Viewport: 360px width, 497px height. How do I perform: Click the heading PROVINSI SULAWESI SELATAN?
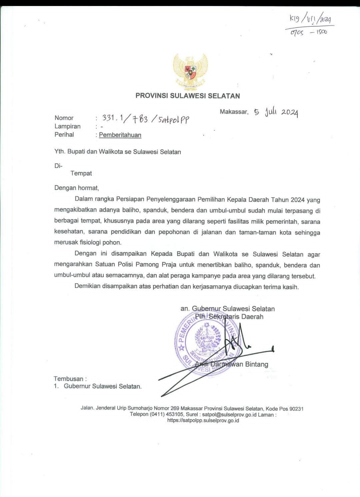(x=188, y=96)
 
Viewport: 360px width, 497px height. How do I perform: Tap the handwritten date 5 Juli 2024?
(x=276, y=112)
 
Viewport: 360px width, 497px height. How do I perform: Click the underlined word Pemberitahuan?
(x=120, y=135)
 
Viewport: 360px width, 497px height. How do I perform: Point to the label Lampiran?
(x=68, y=126)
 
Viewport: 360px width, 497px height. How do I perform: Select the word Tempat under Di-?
(x=81, y=173)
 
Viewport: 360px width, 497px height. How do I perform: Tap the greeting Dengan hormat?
(x=77, y=188)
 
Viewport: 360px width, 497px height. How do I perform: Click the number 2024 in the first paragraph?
(x=297, y=200)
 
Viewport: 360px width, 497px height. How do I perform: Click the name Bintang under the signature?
(x=256, y=364)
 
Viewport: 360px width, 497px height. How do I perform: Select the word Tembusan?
(x=69, y=379)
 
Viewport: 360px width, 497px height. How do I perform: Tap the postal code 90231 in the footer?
(x=296, y=409)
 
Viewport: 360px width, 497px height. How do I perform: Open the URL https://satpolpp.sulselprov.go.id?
(x=203, y=421)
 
